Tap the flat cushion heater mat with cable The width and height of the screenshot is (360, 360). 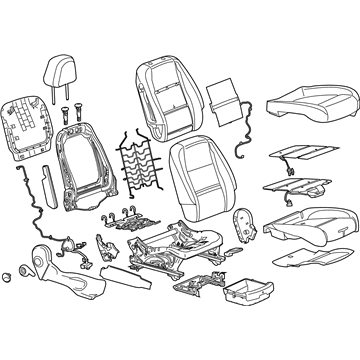[299, 154]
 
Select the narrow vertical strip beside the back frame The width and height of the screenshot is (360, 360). [46, 185]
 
